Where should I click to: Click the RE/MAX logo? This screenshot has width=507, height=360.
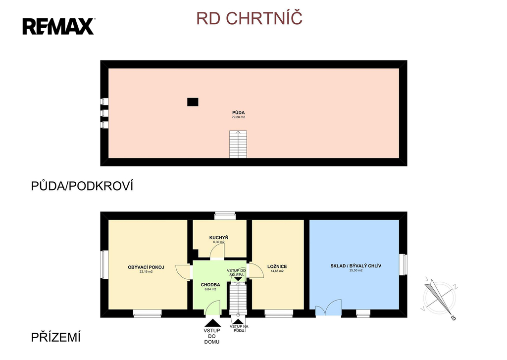pos(58,26)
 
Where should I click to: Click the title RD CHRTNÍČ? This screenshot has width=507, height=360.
pos(250,18)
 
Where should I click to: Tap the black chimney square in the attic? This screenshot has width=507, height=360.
pos(193,102)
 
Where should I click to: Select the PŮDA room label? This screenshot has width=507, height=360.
pos(239,112)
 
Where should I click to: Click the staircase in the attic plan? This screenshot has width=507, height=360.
pos(238,144)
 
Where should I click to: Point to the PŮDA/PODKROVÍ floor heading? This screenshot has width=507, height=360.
pos(83,186)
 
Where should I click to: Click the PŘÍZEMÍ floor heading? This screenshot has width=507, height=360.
pos(55,338)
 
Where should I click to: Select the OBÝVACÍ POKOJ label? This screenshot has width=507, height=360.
pos(146,267)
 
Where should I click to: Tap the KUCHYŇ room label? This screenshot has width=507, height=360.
pos(219,238)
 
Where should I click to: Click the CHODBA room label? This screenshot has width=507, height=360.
pos(210,285)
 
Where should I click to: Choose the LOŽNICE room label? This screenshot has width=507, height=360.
pos(277,266)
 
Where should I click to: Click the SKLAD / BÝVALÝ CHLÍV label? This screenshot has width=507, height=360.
pos(355,266)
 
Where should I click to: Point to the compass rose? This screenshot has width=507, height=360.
pos(438,298)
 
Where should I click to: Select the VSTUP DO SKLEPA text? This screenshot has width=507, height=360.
pos(237,272)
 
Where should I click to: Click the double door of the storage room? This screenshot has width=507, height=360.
pos(328,308)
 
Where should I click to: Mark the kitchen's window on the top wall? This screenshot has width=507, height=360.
pos(225,215)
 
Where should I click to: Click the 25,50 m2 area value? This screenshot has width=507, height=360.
pos(355,271)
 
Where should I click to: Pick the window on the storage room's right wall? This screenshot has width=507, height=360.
pos(403,264)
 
